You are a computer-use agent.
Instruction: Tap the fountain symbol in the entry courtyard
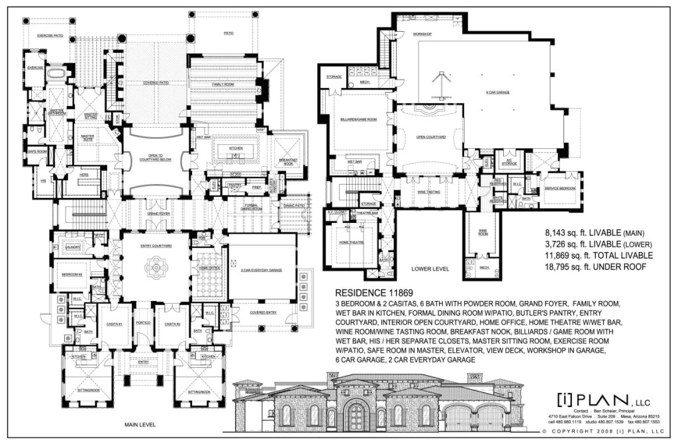(x=156, y=268)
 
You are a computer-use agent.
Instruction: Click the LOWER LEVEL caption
(x=430, y=270)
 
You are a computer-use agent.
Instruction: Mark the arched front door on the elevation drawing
(x=356, y=417)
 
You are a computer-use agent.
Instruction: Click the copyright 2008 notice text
(x=603, y=431)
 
